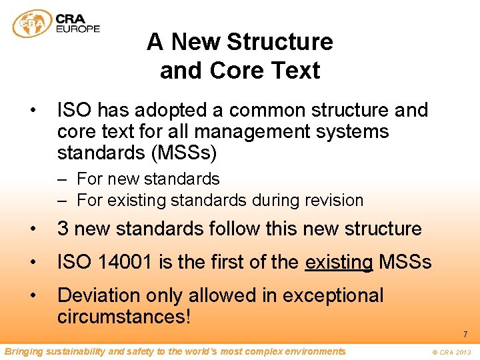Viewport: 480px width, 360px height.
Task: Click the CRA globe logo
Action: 32,24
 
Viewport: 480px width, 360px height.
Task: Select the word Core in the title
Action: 231,71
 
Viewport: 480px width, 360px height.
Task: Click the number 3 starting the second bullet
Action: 63,229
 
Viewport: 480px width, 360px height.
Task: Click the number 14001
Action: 121,263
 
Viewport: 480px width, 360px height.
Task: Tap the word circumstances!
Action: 124,317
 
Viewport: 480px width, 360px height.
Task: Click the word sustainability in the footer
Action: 73,351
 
